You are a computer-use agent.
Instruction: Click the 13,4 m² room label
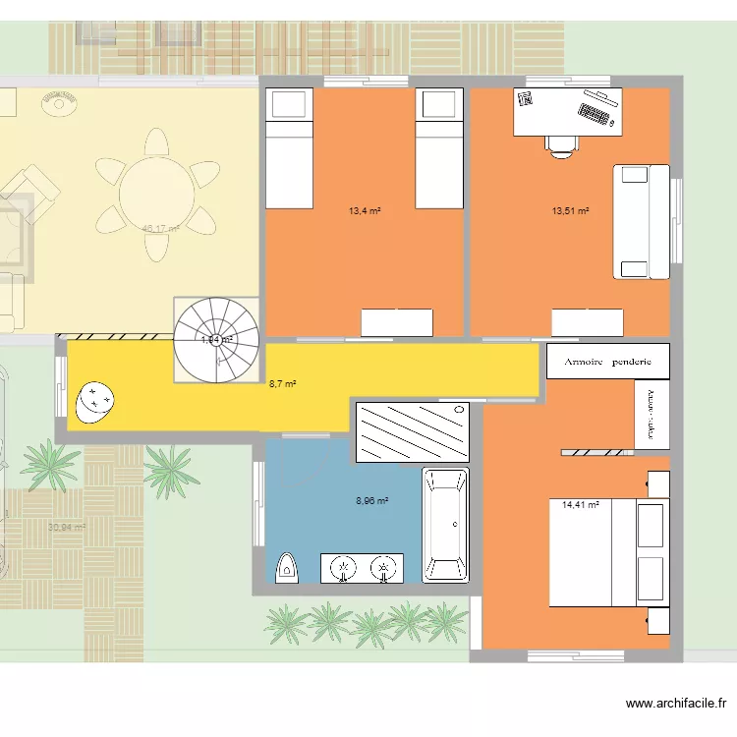coord(365,210)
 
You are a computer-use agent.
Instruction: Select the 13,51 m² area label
coord(570,210)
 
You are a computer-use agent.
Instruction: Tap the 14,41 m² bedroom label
coord(580,506)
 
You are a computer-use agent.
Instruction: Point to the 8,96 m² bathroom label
coord(371,500)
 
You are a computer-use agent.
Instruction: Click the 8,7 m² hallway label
coord(283,384)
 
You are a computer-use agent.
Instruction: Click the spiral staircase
coord(216,339)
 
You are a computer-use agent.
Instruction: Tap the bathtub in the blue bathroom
coord(445,525)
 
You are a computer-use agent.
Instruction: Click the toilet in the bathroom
coord(287,567)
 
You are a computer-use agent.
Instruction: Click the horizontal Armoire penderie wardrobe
coord(608,361)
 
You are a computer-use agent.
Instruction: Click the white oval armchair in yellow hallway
coord(95,400)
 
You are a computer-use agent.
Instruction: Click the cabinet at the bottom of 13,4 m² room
coord(397,322)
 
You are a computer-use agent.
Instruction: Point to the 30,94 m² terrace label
coord(67,527)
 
